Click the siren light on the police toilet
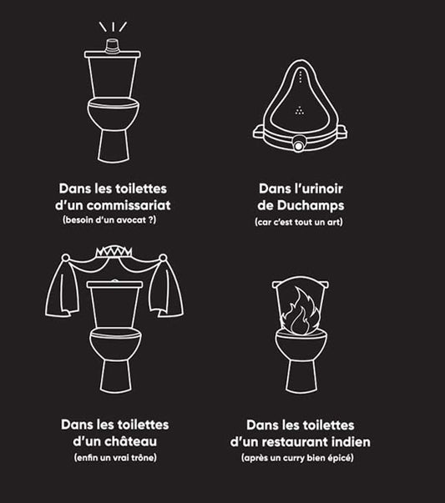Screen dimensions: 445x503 tap(113, 45)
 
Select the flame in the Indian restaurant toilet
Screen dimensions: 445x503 tap(301, 310)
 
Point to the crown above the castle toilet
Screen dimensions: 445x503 tap(114, 251)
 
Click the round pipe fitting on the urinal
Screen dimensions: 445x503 tap(299, 144)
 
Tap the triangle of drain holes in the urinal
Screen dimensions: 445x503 tap(300, 111)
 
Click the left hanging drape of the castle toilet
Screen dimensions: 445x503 tap(63, 287)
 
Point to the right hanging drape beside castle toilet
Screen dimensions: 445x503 tap(167, 287)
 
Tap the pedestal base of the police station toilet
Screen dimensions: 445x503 tap(114, 146)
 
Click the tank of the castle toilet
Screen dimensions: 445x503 tap(114, 304)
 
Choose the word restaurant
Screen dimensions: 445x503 tap(292, 442)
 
